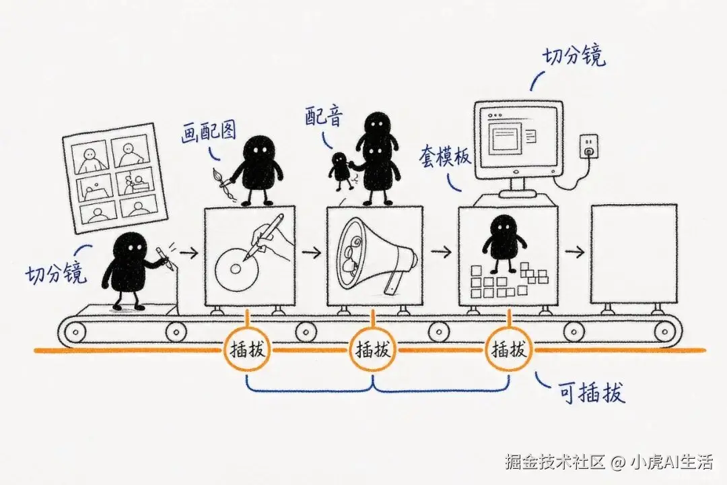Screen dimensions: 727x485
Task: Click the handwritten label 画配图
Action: [208, 132]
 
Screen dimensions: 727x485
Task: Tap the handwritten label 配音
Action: [324, 116]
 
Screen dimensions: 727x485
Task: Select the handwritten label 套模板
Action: [445, 156]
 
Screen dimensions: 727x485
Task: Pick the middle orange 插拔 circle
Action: [373, 350]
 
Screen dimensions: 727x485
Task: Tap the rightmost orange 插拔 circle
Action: [509, 349]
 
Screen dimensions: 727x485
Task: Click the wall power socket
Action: [588, 145]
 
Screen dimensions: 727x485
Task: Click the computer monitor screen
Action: [518, 135]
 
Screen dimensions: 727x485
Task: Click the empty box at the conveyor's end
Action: [633, 255]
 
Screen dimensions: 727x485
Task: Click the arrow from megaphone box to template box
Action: [441, 252]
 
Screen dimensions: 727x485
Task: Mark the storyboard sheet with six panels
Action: [114, 179]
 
